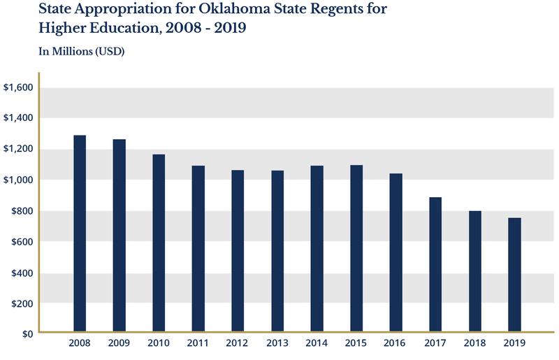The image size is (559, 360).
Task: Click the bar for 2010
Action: [159, 242]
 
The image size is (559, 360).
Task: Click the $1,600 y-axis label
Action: [18, 87]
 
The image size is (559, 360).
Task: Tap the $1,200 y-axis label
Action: [18, 149]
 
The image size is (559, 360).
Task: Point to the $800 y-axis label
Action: [22, 211]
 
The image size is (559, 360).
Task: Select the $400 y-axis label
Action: [22, 273]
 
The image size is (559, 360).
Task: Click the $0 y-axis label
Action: [27, 334]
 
